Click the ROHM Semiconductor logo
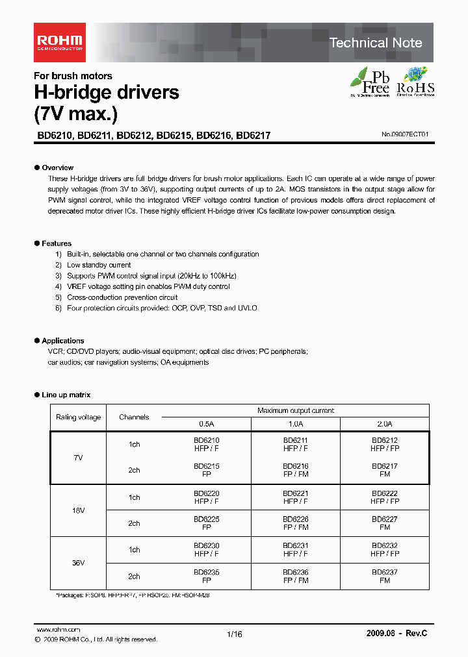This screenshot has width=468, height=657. pos(59,43)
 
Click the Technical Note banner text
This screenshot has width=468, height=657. pos(376,43)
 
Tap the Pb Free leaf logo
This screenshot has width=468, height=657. pos(370,82)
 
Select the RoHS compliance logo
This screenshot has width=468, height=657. pos(415,82)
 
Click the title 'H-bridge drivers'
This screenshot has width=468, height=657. pos(107,92)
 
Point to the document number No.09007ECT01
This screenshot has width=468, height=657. pos(405,135)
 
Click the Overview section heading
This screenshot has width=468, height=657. pos(57,167)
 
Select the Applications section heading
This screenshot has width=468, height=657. pos(62,340)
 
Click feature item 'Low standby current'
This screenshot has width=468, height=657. pos(99,265)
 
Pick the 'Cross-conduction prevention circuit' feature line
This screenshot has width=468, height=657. pos(122,297)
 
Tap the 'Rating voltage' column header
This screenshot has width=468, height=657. pos(78,417)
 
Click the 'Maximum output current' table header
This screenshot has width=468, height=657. pos(296,410)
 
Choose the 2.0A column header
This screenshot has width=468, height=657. pos(385,423)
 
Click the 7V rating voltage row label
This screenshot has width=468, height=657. pos(78,458)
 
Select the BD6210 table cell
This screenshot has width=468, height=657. pos(206,444)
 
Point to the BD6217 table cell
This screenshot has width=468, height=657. pos(385,470)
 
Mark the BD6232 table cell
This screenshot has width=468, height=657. pos(385,550)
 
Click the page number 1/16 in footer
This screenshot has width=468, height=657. pos(234,634)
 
